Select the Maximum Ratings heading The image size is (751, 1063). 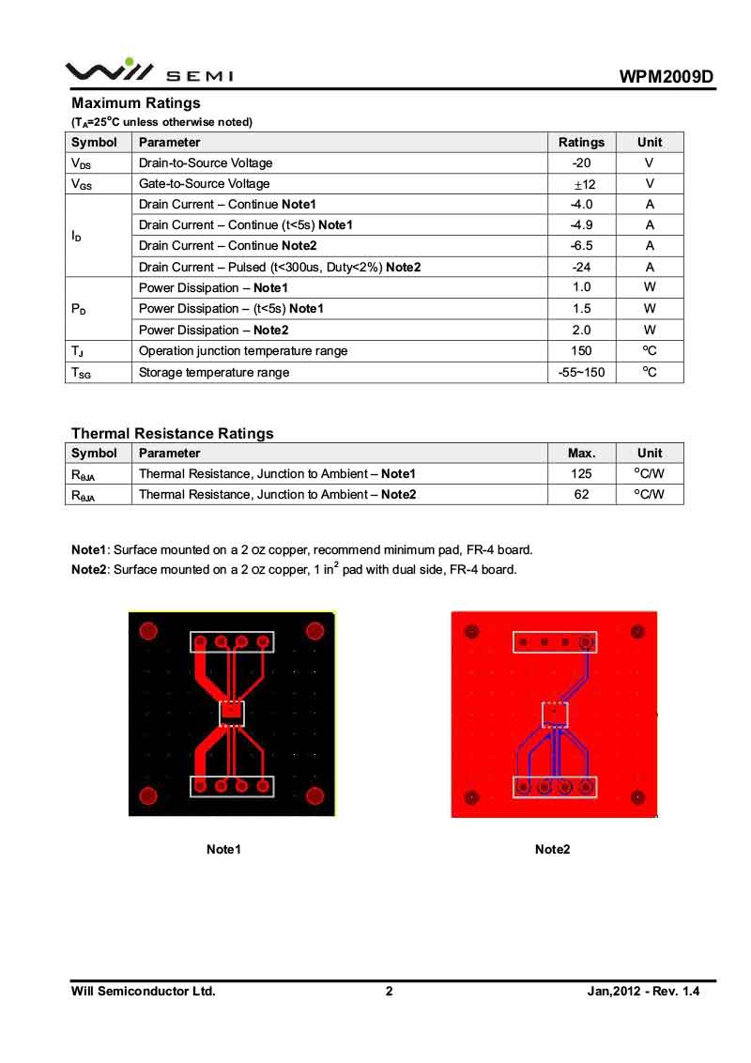(x=136, y=103)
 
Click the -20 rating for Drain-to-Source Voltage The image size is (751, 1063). (x=581, y=163)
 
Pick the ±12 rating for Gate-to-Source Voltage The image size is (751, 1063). (x=582, y=184)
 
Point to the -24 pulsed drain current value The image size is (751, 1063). (x=581, y=267)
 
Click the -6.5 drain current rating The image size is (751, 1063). (x=581, y=246)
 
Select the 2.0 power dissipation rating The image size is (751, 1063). (x=581, y=331)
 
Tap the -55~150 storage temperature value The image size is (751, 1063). (x=581, y=373)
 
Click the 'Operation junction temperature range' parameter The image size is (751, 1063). (x=243, y=351)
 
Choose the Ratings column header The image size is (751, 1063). (x=581, y=143)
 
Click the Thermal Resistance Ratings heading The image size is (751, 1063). (x=173, y=434)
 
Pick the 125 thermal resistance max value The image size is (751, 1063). (x=581, y=474)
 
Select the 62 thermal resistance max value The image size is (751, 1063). (x=581, y=495)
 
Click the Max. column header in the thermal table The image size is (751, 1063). (x=581, y=454)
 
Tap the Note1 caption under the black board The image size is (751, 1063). (x=224, y=850)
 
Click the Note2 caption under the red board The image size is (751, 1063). (x=553, y=850)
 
